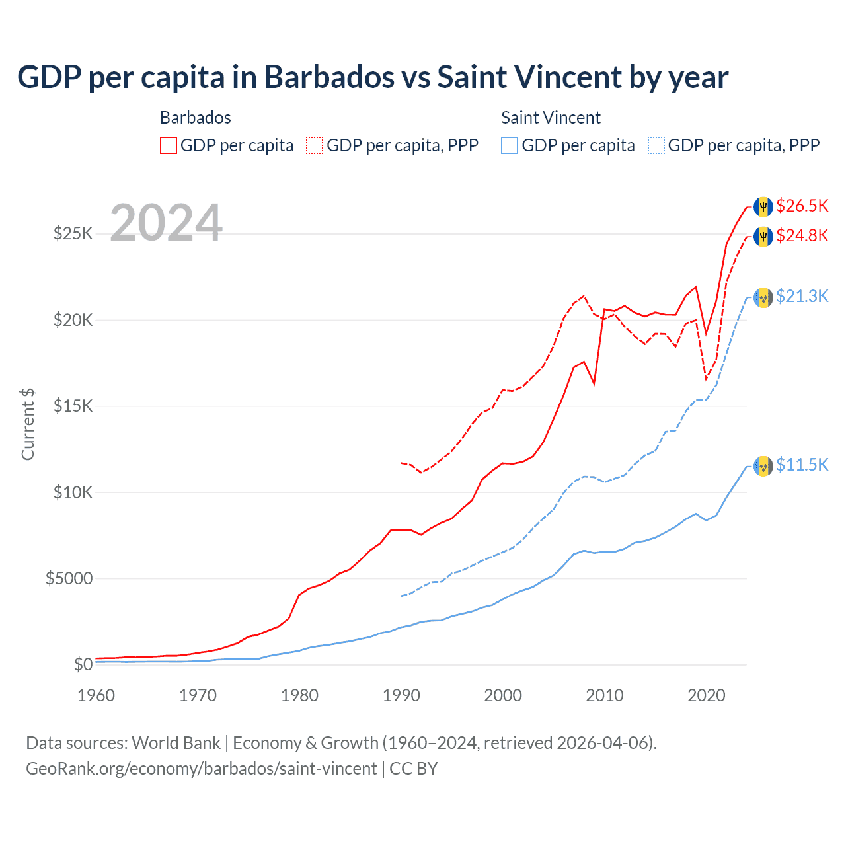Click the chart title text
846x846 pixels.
(x=373, y=77)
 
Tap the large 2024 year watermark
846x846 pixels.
(x=167, y=223)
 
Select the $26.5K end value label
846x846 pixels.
(x=802, y=206)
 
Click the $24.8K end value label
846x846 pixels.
(x=802, y=235)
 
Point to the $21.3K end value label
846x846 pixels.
(x=802, y=296)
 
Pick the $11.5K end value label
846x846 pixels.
(x=802, y=465)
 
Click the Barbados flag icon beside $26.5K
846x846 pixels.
(x=763, y=206)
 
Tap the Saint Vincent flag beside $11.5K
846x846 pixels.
(x=763, y=466)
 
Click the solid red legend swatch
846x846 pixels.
(x=169, y=145)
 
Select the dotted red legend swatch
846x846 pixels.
(x=315, y=145)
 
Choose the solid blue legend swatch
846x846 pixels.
(x=510, y=145)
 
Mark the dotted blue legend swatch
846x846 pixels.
(x=656, y=145)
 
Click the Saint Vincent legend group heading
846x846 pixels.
(x=551, y=118)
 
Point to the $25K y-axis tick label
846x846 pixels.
(x=73, y=233)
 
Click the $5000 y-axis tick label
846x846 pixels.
(x=69, y=579)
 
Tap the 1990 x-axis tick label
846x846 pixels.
(x=401, y=695)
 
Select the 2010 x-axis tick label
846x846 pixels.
(x=605, y=695)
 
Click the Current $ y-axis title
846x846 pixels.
(x=28, y=424)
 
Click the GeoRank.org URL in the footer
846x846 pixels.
(x=201, y=769)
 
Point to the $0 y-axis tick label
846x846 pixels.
(x=83, y=664)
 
